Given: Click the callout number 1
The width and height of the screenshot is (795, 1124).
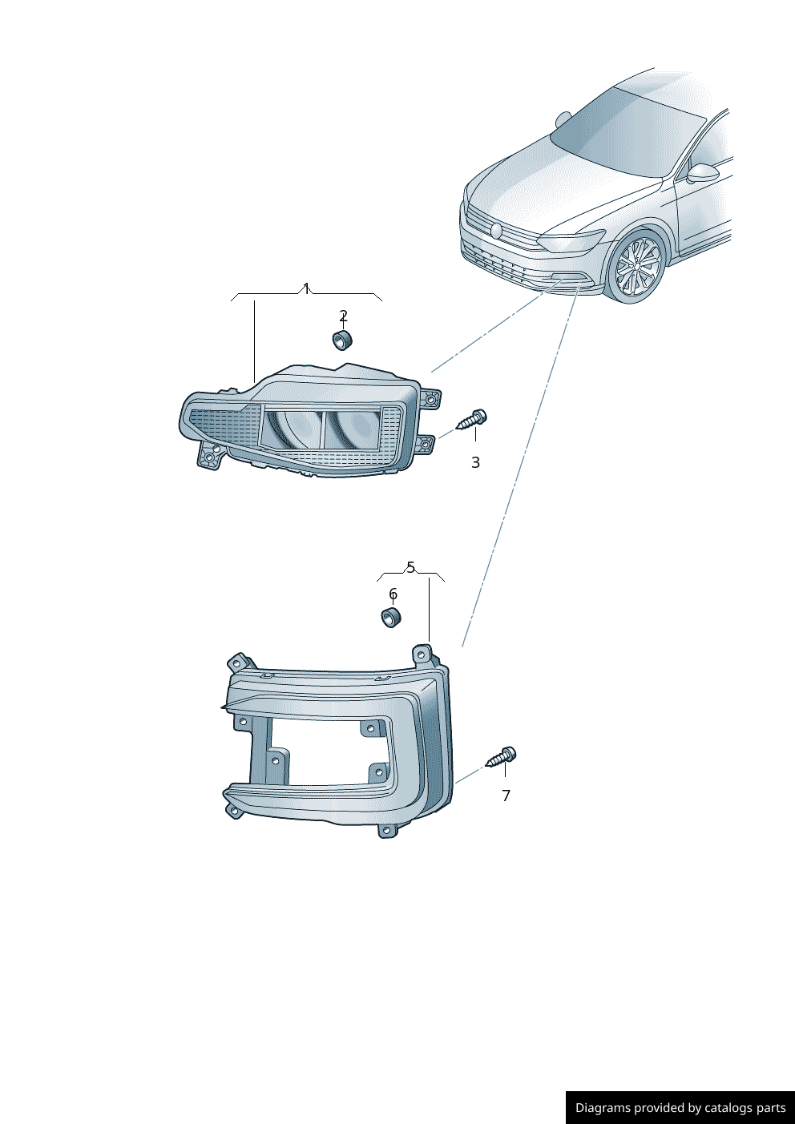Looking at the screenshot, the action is coord(306,289).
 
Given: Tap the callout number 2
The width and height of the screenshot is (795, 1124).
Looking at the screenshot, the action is coord(343,316).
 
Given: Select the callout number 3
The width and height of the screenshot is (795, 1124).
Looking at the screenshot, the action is coord(475,462).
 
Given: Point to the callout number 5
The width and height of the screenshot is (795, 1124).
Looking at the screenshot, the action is coord(411,567).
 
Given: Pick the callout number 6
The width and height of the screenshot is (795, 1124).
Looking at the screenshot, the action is coord(393,594).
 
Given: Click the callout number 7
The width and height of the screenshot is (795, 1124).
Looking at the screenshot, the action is coord(506,796).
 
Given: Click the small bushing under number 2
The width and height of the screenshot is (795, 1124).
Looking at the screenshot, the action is coord(342,340).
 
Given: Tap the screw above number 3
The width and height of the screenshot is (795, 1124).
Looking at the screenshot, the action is coord(473,420).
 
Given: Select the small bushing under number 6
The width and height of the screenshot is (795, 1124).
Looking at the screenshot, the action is coord(391,618).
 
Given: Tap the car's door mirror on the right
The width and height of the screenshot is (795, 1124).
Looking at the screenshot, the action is coord(702,174).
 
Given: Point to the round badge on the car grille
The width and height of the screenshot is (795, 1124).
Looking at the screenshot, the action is coord(496,230).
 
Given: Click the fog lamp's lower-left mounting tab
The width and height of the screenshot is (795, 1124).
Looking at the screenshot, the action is coord(209,455).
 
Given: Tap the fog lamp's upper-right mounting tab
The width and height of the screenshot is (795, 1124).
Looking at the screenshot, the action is coord(430,399).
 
